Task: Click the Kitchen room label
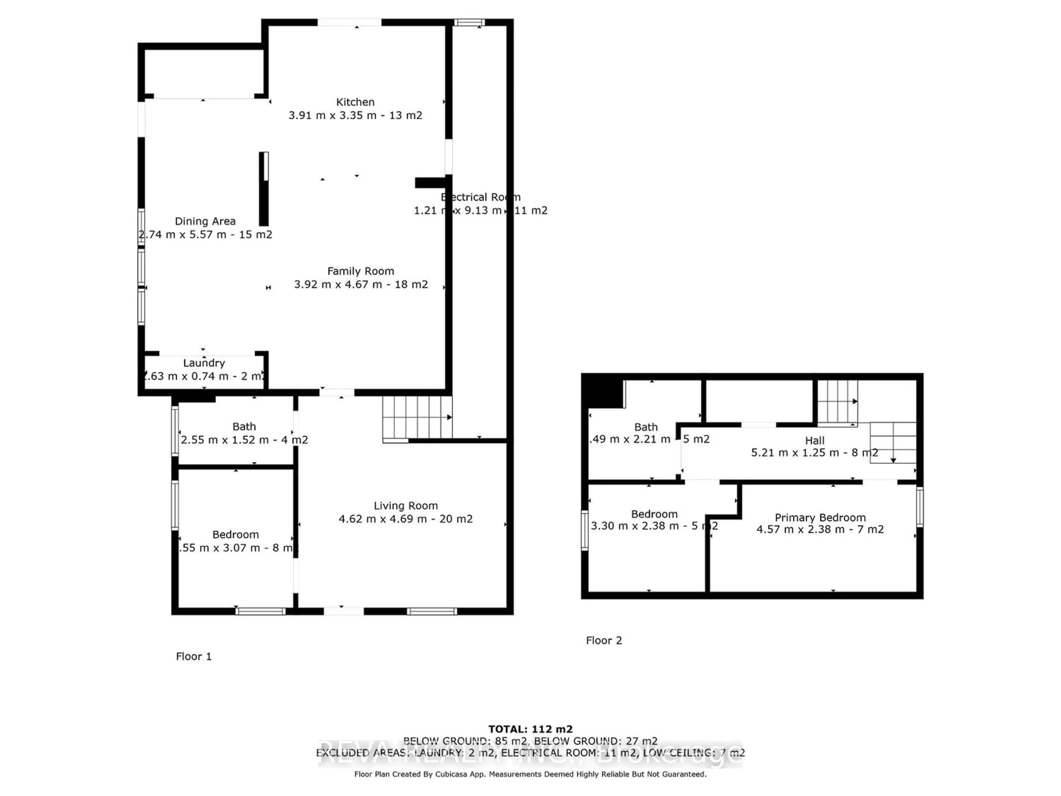[355, 102]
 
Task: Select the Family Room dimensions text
[361, 284]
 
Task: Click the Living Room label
[406, 506]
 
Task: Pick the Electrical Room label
[480, 197]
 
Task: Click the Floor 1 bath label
[244, 426]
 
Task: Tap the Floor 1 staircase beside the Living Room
[416, 417]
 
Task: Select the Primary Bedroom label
[820, 518]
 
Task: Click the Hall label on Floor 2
[815, 441]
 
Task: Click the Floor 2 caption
[604, 641]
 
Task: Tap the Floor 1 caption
[193, 656]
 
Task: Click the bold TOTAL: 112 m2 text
[530, 730]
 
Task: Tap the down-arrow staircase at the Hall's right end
[893, 442]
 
